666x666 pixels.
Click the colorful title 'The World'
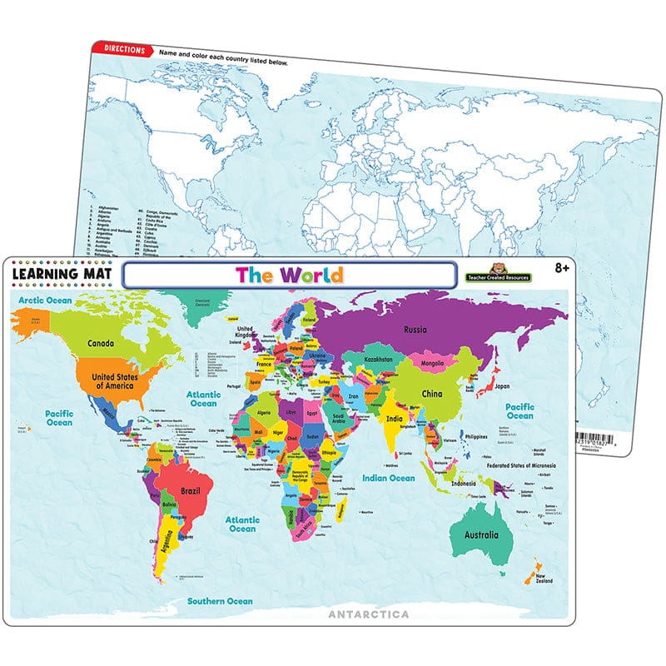point(288,274)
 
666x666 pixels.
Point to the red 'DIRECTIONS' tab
point(122,50)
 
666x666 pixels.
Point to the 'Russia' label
point(415,328)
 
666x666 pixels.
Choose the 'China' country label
point(454,392)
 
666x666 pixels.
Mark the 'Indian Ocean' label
point(388,478)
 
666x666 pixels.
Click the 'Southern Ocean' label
point(219,600)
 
